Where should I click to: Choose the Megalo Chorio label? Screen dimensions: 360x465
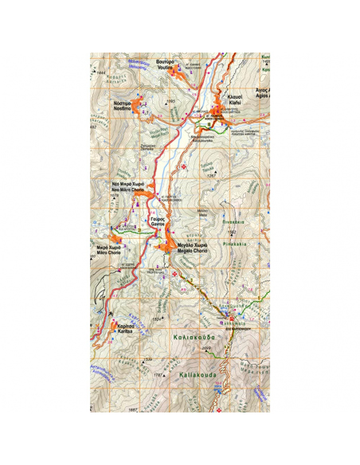[x=194, y=248]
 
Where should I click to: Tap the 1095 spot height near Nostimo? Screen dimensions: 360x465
[x=169, y=102]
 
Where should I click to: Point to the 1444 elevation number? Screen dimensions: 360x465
[x=101, y=73]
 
